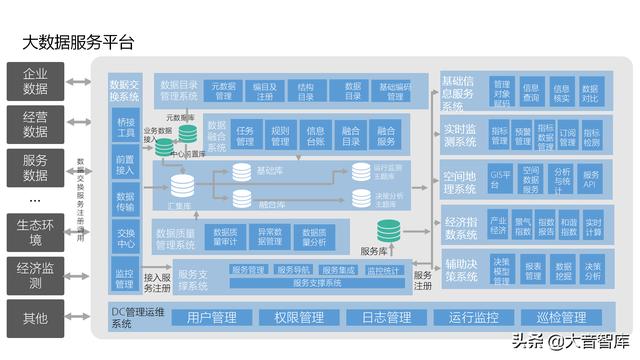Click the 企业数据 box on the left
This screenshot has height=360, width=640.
click(35, 81)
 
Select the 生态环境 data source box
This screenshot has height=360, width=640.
click(35, 232)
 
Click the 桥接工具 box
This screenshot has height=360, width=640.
click(125, 127)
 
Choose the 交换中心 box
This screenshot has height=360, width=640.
click(125, 238)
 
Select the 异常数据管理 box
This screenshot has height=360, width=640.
click(270, 237)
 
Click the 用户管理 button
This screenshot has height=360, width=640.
click(211, 318)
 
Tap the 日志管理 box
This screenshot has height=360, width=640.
click(386, 318)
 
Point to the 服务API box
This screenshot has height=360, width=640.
click(591, 179)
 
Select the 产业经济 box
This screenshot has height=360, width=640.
click(498, 225)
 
